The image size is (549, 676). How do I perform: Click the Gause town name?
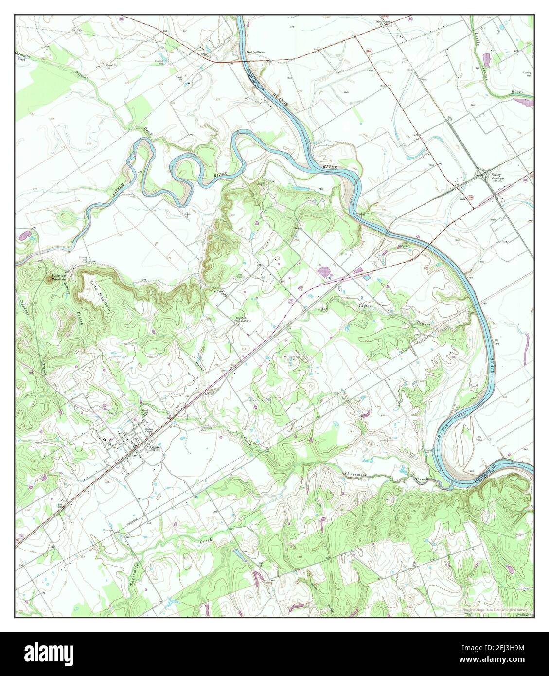pos(155,447)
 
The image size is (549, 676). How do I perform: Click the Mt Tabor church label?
pos(220,292)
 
